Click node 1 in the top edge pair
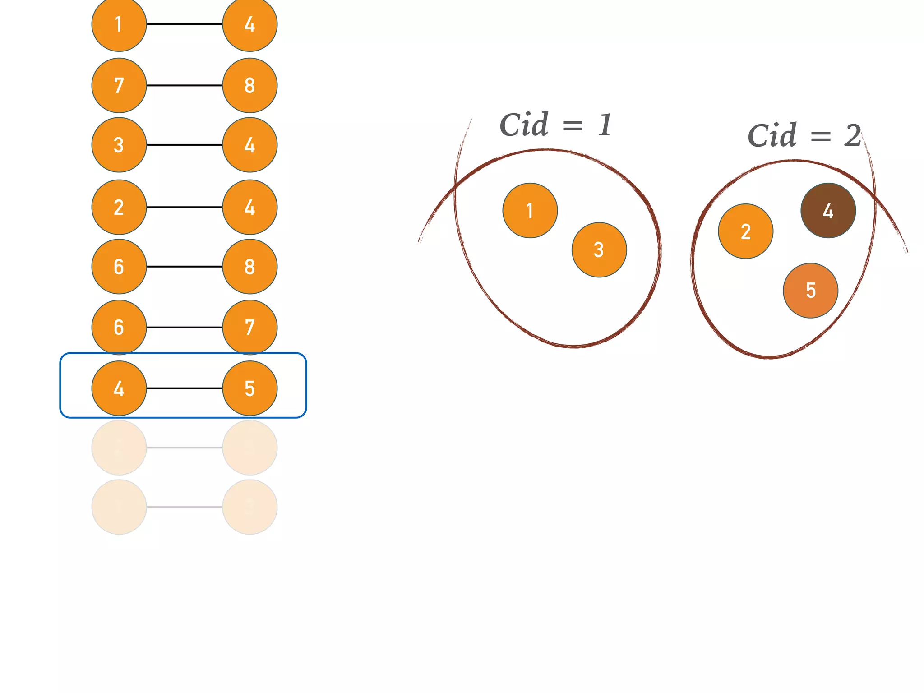119,24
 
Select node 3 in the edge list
119,145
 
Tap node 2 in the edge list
119,207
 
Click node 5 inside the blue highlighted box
249,388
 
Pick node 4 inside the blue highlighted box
119,388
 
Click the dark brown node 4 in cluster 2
828,210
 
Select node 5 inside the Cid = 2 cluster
810,291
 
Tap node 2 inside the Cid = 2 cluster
745,231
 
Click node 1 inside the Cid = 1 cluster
530,210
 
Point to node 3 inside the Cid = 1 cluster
599,249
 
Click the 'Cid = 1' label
556,125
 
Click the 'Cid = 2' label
804,135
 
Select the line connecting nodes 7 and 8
184,85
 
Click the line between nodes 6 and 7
184,327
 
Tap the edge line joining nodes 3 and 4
184,145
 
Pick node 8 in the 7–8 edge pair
249,85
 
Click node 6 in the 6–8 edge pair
119,267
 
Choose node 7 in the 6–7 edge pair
249,327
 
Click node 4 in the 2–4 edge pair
249,207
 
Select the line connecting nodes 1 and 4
184,24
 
